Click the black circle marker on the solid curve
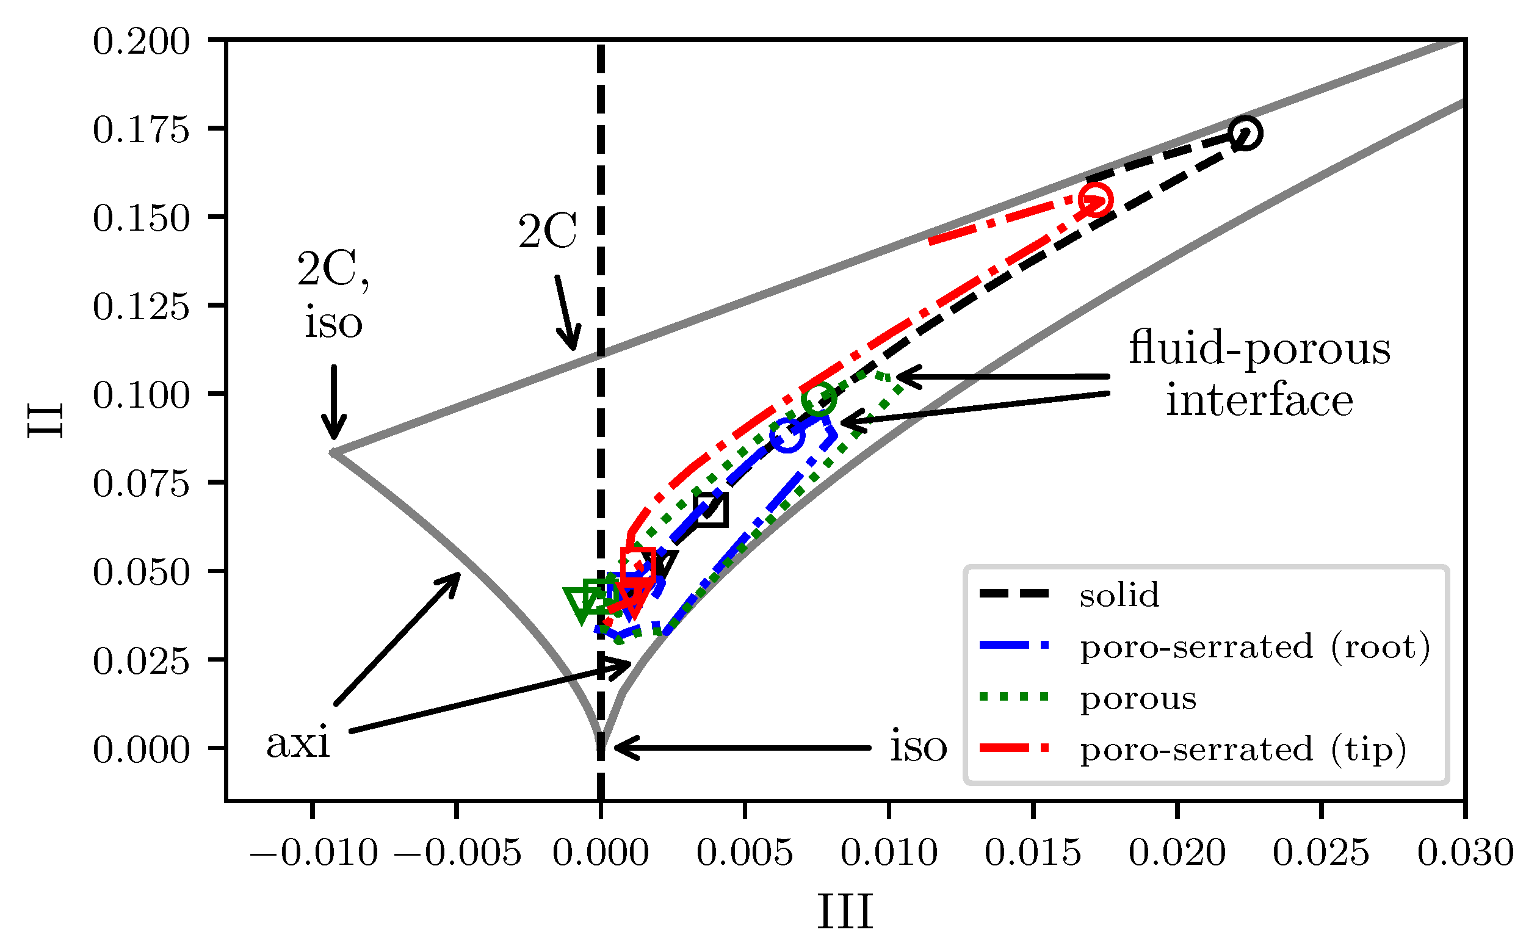click(1245, 133)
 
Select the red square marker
click(638, 565)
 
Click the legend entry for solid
click(1118, 594)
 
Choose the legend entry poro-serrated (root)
click(1254, 646)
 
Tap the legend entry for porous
click(1137, 698)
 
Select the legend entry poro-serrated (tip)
click(1242, 749)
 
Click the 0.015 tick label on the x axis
click(1032, 852)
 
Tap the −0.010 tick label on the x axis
click(313, 852)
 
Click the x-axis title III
click(845, 912)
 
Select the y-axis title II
click(45, 421)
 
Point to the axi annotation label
click(298, 743)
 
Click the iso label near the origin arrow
click(918, 746)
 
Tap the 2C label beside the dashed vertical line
click(548, 231)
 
